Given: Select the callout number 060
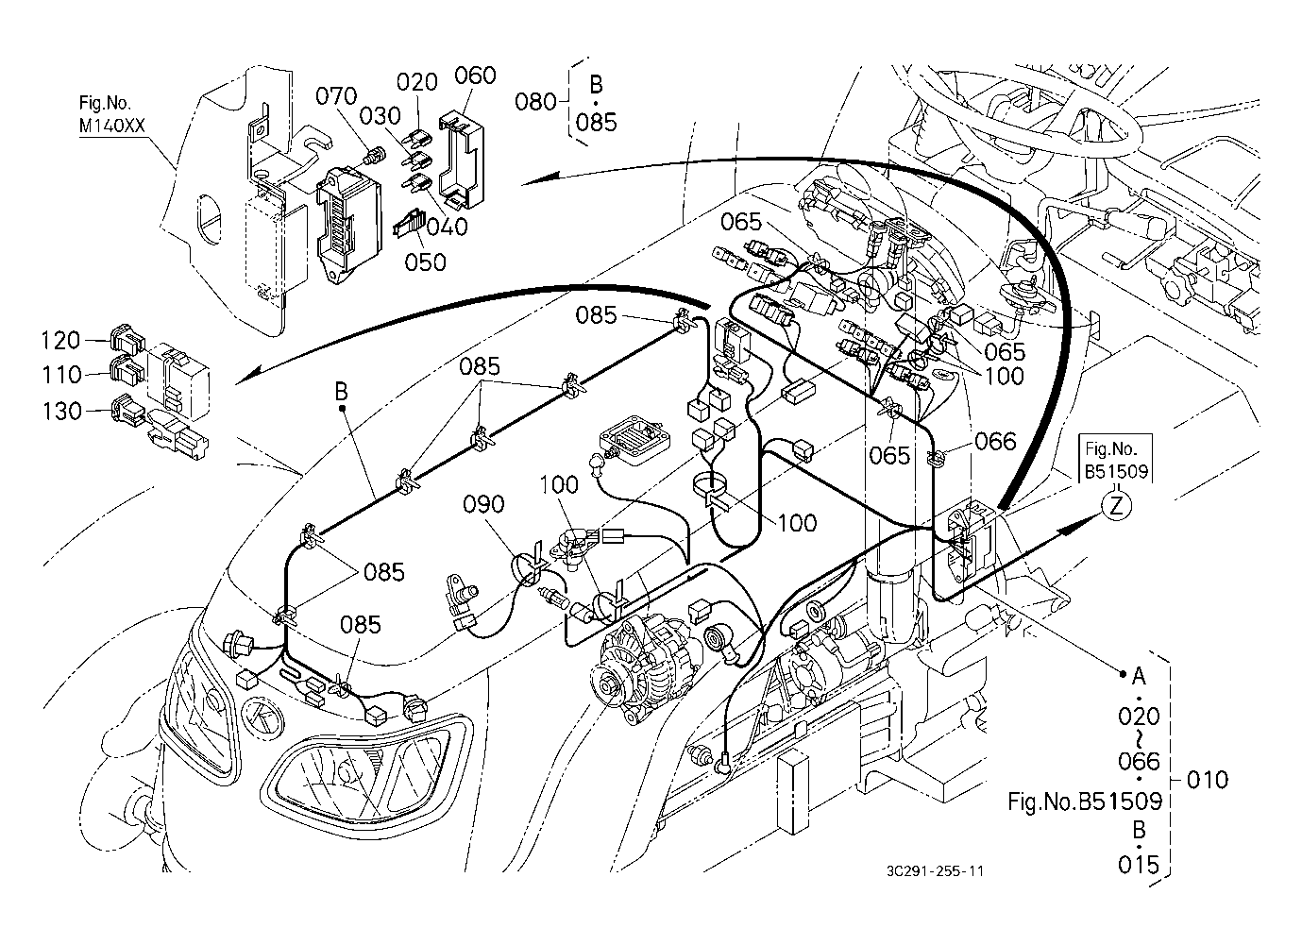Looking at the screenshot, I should pyautogui.click(x=475, y=76).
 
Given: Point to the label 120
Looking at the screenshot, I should pyautogui.click(x=61, y=338).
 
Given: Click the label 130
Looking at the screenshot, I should pyautogui.click(x=61, y=411).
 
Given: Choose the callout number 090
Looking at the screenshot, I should pyautogui.click(x=483, y=505).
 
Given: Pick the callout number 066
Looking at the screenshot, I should pyautogui.click(x=995, y=441).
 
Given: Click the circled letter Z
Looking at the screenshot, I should pyautogui.click(x=1116, y=506).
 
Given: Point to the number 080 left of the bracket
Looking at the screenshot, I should pyautogui.click(x=537, y=101).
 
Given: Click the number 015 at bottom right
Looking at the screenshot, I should pyautogui.click(x=1138, y=865).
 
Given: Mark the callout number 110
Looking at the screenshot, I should pyautogui.click(x=61, y=375).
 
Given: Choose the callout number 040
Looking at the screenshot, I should pyautogui.click(x=446, y=227).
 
